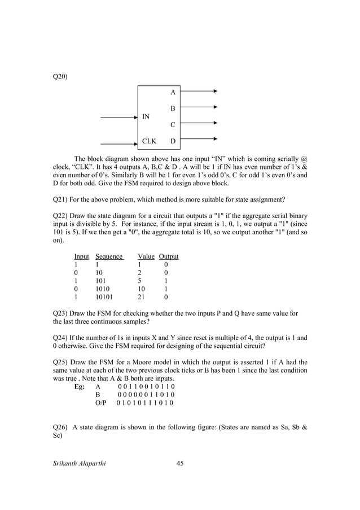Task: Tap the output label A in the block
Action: click(173, 91)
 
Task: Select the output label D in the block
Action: click(173, 141)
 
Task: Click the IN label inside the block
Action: click(146, 117)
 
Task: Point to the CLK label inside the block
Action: click(149, 141)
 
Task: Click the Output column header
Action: click(168, 256)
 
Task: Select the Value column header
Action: click(146, 256)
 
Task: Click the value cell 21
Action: click(142, 297)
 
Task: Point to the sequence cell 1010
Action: click(104, 287)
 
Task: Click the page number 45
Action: click(181, 463)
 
